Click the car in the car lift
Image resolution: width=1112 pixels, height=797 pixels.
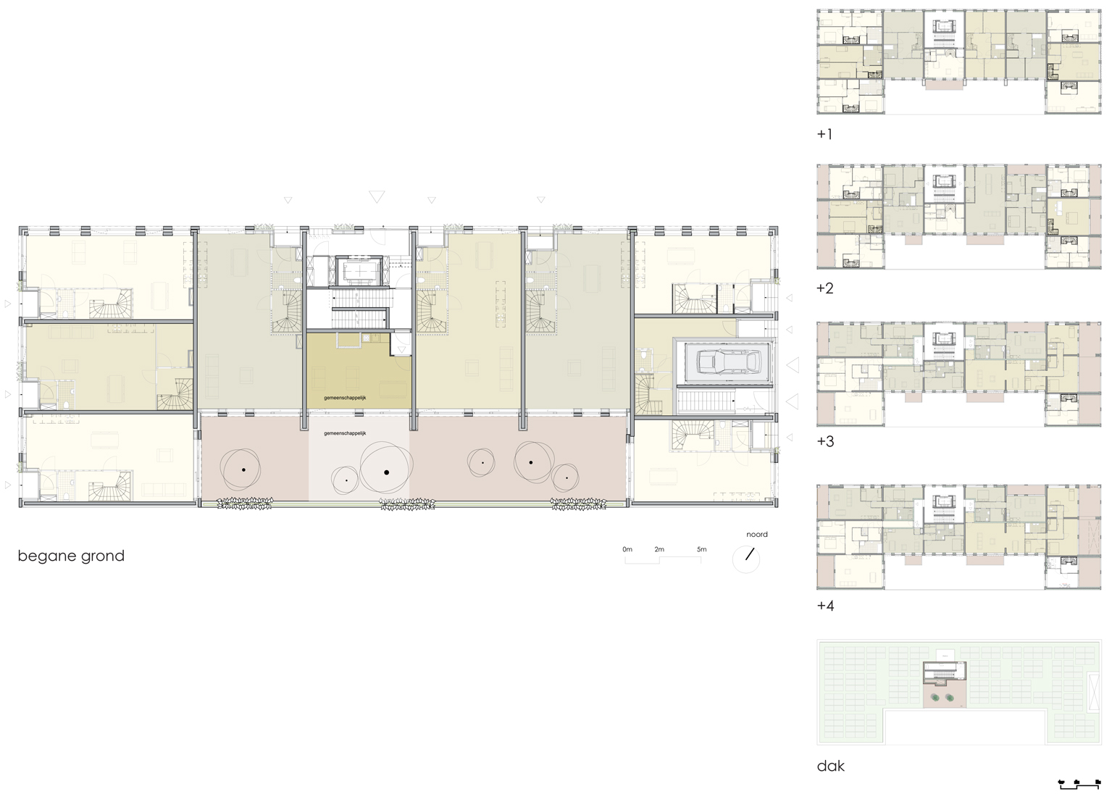(x=729, y=362)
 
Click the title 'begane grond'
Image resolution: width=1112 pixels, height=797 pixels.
(x=71, y=556)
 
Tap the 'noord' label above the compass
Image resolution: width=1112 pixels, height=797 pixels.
(x=756, y=534)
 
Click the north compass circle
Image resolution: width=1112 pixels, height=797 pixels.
(x=746, y=559)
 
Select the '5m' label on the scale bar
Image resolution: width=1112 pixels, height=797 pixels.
(x=701, y=549)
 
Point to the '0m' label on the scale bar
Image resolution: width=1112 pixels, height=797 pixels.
(x=627, y=549)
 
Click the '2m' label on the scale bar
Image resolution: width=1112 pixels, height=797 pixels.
(x=659, y=549)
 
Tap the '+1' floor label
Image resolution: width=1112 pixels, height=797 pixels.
(x=824, y=134)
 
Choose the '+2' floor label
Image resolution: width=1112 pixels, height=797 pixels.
(x=825, y=288)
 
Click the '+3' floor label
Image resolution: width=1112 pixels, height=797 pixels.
(x=825, y=441)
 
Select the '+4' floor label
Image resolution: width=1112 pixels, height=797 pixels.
(x=825, y=605)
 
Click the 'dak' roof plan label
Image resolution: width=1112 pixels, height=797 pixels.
(x=830, y=766)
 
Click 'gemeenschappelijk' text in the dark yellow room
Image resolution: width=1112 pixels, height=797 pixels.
(x=345, y=398)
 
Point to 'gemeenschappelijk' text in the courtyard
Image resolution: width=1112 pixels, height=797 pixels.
(x=345, y=433)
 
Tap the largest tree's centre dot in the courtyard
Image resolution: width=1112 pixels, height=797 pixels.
(x=386, y=472)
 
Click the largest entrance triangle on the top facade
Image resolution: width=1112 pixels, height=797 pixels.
(x=377, y=196)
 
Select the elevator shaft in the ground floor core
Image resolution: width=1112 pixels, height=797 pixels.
(x=359, y=271)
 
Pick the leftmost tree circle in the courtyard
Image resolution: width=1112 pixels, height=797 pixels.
(x=241, y=470)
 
